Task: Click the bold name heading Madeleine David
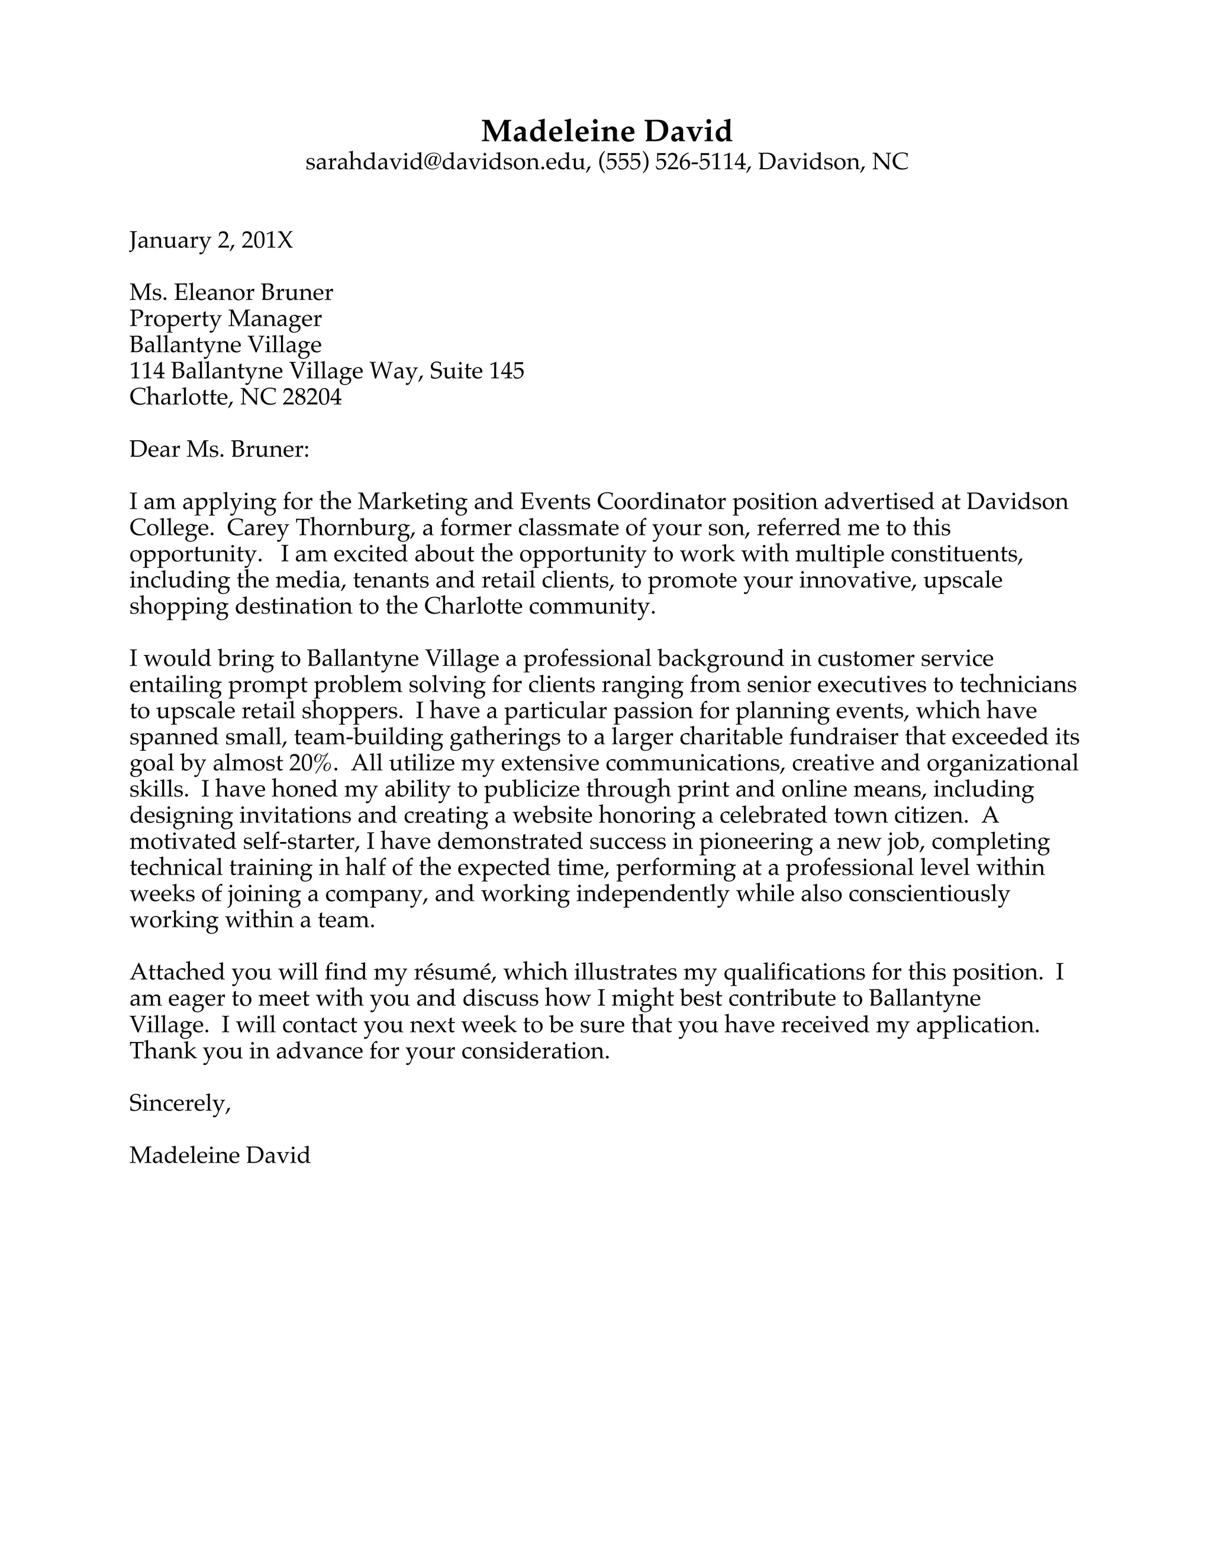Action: [x=606, y=131]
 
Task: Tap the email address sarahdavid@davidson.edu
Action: [x=446, y=162]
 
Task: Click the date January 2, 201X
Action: [x=211, y=240]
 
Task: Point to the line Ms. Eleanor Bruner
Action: [x=231, y=292]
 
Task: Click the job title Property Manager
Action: [x=225, y=318]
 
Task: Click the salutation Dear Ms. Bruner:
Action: [x=219, y=450]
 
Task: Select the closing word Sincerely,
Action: [x=179, y=1103]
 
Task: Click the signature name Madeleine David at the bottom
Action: [x=220, y=1155]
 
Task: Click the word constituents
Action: [x=956, y=554]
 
